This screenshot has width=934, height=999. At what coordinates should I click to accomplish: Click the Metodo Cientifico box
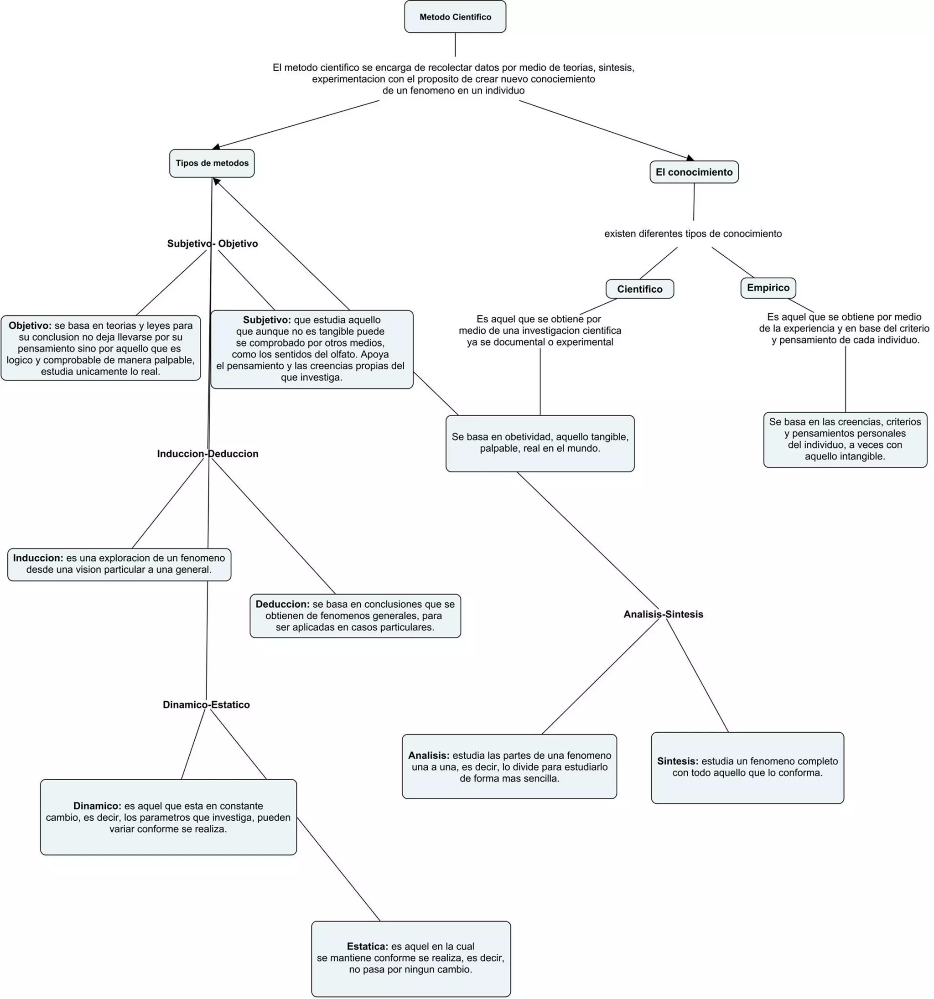[x=455, y=16]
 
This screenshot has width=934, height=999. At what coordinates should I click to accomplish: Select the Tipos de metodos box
[x=212, y=163]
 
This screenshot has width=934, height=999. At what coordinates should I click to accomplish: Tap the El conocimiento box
[x=694, y=172]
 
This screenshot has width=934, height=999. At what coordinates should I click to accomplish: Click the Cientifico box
[x=639, y=289]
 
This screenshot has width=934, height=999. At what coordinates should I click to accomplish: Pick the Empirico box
[x=768, y=287]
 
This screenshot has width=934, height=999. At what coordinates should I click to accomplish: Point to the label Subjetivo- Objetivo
[x=212, y=243]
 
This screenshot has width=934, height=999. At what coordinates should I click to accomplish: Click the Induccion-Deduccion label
[x=208, y=453]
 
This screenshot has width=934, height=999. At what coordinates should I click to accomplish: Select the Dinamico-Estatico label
[x=206, y=704]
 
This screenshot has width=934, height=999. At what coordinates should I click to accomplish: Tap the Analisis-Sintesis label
[x=663, y=614]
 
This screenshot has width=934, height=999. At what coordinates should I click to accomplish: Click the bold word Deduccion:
[x=282, y=604]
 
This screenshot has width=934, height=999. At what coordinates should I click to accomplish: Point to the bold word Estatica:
[x=368, y=946]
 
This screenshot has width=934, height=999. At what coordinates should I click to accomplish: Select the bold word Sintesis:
[x=678, y=761]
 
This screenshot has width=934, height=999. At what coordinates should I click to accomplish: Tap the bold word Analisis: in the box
[x=429, y=755]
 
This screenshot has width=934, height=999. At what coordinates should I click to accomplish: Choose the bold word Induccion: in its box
[x=38, y=558]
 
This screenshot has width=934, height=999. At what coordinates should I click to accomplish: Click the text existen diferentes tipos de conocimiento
[x=693, y=233]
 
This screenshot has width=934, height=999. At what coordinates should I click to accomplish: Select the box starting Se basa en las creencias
[x=845, y=439]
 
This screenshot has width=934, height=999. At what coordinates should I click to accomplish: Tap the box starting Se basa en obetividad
[x=540, y=443]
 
